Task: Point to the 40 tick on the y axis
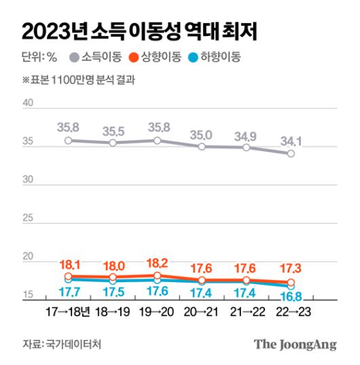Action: click(28, 103)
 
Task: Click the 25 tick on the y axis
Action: click(28, 218)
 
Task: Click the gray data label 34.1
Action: click(290, 141)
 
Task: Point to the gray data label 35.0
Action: click(202, 135)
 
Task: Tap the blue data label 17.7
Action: click(68, 292)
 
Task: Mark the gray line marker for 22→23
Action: click(291, 154)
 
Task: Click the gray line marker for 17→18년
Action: click(68, 141)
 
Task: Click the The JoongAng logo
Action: click(295, 345)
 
